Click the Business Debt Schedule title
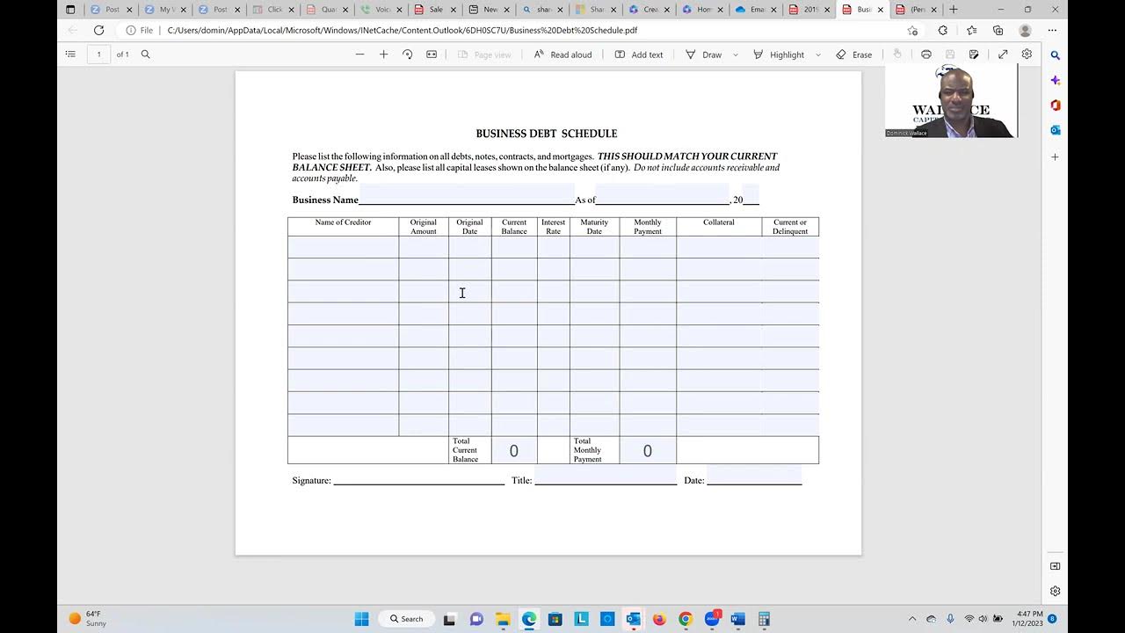coord(546,134)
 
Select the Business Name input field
coord(466,195)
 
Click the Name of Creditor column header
coord(343,222)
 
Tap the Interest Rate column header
coord(553,227)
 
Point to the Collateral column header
coord(718,222)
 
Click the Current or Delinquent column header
coord(790,227)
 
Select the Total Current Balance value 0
coord(514,451)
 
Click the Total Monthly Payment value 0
coord(648,451)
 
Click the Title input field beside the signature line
coord(606,477)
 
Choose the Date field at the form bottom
coord(754,477)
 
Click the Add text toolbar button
coord(639,55)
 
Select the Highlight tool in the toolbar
coord(779,55)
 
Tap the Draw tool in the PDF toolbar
coord(704,55)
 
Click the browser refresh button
coord(98,30)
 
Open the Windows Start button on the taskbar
coord(361,619)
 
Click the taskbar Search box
coord(407,619)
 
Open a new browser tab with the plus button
coord(954,10)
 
